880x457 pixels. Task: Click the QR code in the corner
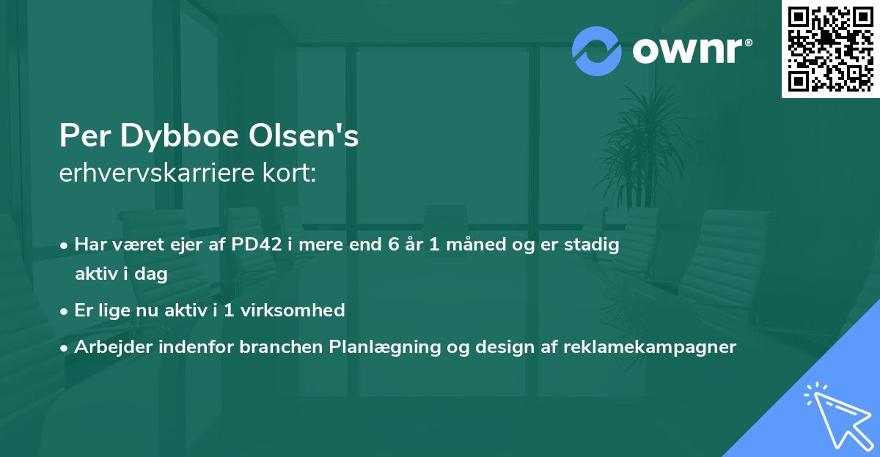[830, 48]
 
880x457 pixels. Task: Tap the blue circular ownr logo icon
[596, 51]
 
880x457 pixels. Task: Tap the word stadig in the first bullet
[593, 245]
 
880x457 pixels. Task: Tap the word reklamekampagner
[649, 347]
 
